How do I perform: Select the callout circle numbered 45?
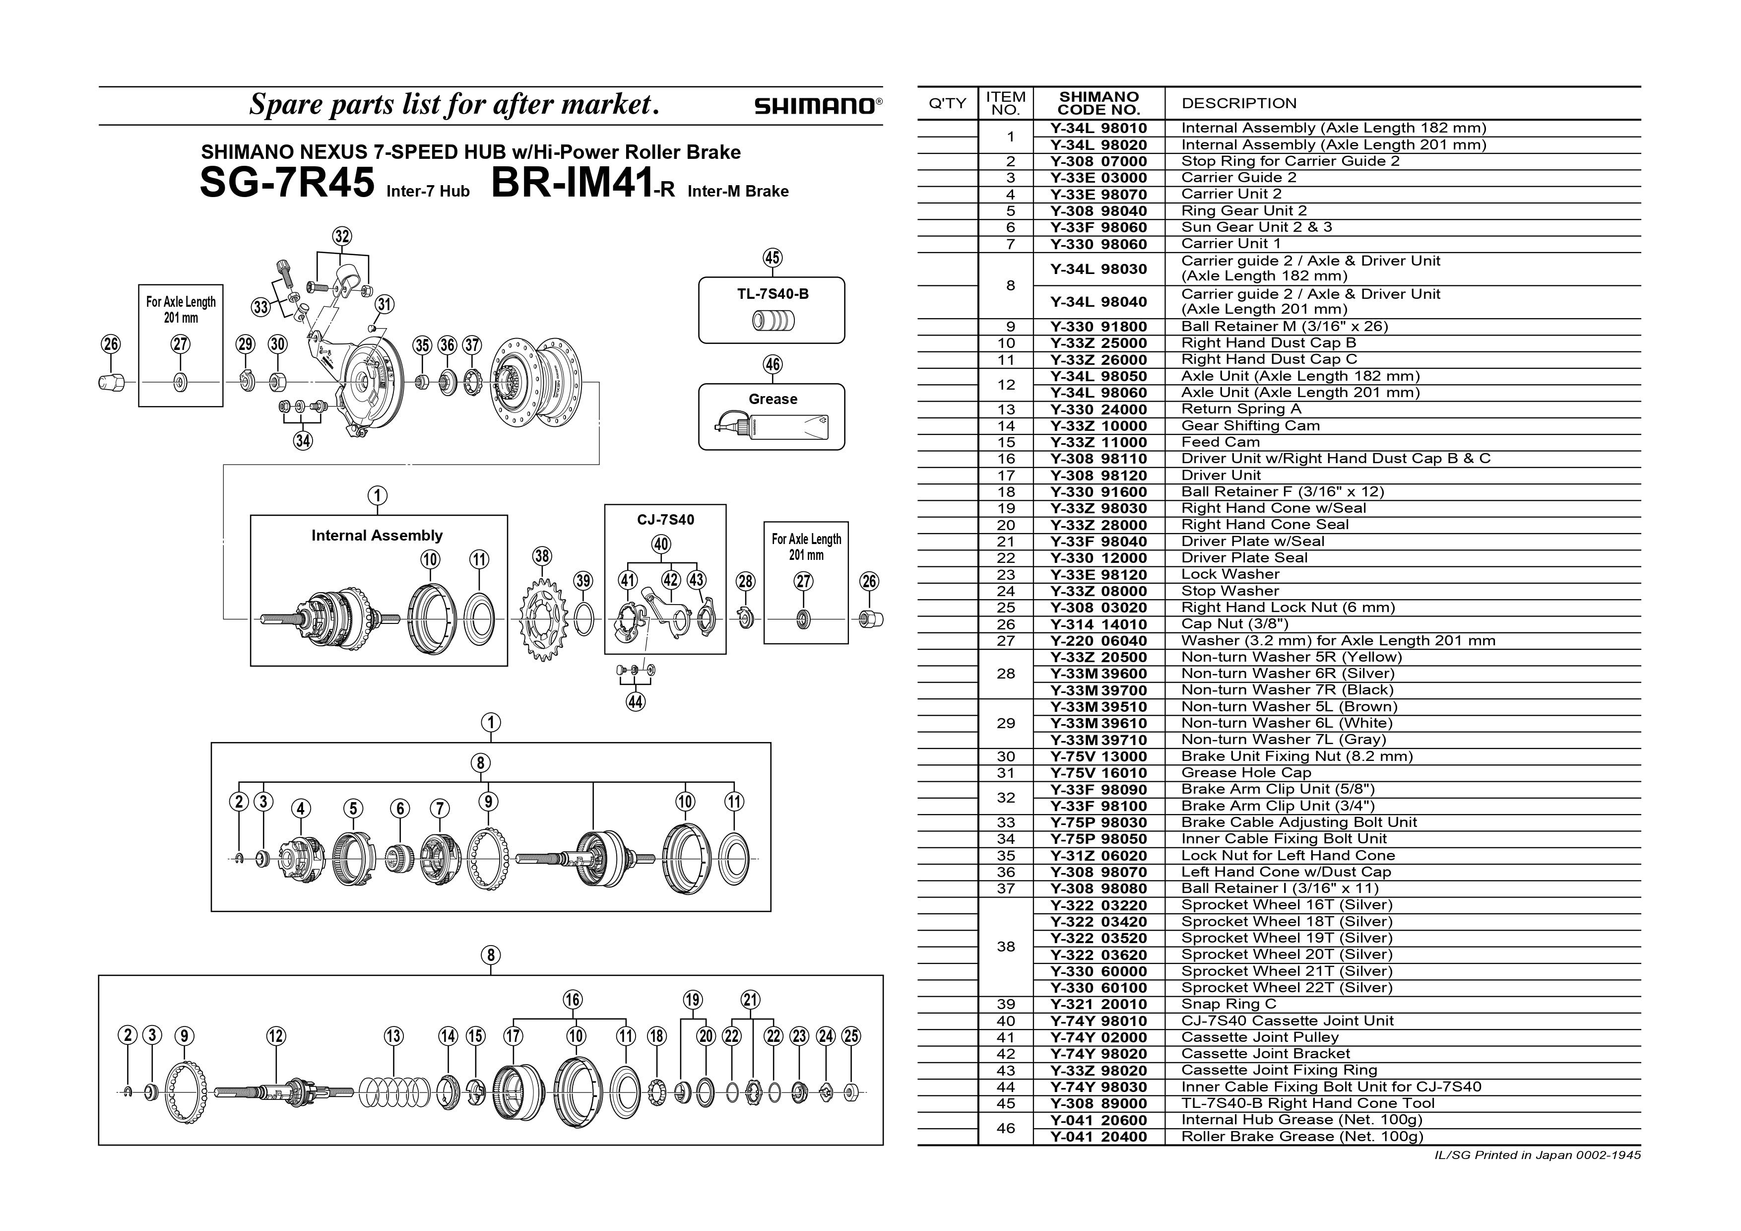772,258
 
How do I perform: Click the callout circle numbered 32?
342,236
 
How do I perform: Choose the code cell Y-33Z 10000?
1099,425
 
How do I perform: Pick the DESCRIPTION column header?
1239,103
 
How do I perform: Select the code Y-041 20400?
1099,1136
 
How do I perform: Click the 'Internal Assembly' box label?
377,536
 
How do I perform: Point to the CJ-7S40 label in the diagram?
665,520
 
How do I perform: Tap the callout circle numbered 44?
636,701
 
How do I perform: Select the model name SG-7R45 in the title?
287,183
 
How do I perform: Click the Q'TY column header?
947,103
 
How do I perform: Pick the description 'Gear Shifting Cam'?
1250,425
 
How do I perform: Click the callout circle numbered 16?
573,1000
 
